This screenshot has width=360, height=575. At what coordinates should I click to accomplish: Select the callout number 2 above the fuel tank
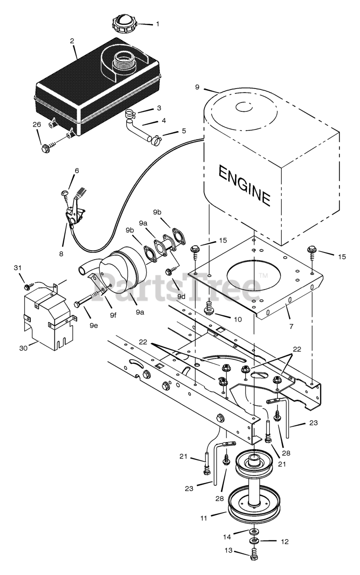click(72, 41)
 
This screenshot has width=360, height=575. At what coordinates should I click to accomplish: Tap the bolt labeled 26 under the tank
click(46, 147)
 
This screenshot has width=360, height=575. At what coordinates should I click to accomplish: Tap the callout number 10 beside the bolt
click(237, 319)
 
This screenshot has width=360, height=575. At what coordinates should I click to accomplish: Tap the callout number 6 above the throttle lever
click(76, 171)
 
